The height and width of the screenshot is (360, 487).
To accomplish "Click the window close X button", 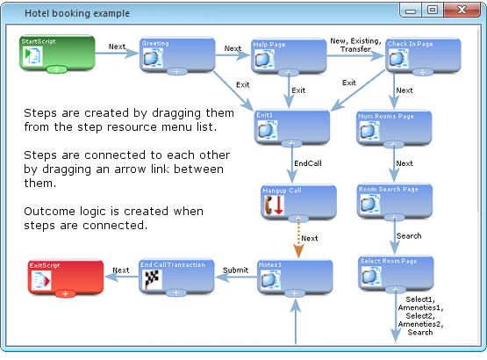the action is pyautogui.click(x=462, y=10).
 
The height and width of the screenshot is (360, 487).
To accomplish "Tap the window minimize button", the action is pyautogui.click(x=411, y=11).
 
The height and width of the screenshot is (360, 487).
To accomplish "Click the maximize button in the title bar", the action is pyautogui.click(x=433, y=10).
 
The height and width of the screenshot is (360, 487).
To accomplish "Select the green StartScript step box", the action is pyautogui.click(x=57, y=53).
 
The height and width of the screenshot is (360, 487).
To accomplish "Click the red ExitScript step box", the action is pyautogui.click(x=66, y=277).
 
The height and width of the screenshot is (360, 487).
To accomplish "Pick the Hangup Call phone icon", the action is pyautogui.click(x=273, y=205).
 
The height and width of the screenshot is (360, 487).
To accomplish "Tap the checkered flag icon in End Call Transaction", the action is pyautogui.click(x=152, y=279).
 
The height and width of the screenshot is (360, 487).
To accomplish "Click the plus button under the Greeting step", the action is pyautogui.click(x=176, y=71).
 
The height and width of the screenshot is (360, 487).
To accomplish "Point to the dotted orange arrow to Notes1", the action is pyautogui.click(x=298, y=238).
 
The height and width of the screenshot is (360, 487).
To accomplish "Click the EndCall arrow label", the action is pyautogui.click(x=308, y=163).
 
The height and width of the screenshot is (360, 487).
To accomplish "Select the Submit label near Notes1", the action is pyautogui.click(x=235, y=270).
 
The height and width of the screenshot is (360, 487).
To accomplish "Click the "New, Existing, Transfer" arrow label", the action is pyautogui.click(x=355, y=45).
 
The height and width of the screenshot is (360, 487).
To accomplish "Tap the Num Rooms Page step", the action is pyautogui.click(x=394, y=127).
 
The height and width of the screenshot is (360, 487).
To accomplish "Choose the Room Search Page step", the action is pyautogui.click(x=395, y=200).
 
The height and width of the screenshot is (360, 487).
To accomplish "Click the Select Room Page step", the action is pyautogui.click(x=396, y=273).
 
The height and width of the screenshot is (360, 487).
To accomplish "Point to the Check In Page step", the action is pyautogui.click(x=423, y=55).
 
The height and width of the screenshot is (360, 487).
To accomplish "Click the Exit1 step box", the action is pyautogui.click(x=292, y=127).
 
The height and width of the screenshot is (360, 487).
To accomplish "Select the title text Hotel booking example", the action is pyautogui.click(x=77, y=13).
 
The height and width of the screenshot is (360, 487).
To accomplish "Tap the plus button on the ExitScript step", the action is pyautogui.click(x=65, y=294).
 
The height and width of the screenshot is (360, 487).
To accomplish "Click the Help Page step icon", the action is pyautogui.click(x=264, y=59).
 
